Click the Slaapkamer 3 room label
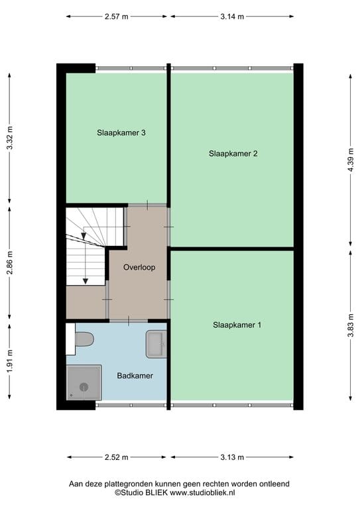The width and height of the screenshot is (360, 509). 121,133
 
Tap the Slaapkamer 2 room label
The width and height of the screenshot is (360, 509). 233,154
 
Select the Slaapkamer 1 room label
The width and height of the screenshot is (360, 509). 237,325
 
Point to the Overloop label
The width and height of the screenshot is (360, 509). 139,268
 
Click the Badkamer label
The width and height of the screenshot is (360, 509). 135,376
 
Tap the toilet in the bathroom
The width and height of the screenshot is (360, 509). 84,339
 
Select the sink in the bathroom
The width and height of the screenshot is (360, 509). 156,344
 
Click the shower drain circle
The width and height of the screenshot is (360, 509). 84,386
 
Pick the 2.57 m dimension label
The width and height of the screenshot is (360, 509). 116,17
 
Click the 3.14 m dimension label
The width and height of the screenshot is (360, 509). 232,17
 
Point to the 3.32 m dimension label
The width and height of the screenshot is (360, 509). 10,138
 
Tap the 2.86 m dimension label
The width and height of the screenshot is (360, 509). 10,262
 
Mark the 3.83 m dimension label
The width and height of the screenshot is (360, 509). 351,325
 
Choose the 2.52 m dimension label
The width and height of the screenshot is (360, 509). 116,457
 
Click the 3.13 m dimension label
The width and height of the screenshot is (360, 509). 232,457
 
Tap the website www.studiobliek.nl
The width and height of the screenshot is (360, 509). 202,492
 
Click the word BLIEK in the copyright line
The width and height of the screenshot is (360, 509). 156,492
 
